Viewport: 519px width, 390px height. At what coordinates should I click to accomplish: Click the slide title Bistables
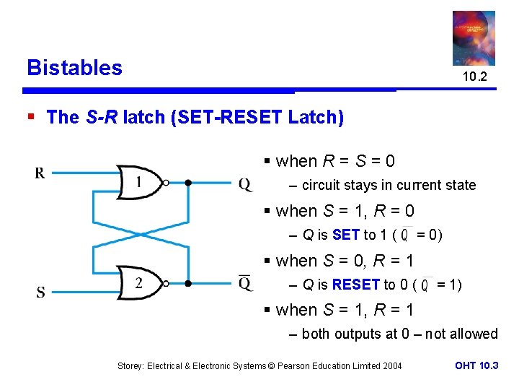(74, 68)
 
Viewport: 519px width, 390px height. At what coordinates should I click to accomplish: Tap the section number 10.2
(474, 77)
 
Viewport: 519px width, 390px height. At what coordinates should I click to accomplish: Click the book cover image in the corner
(474, 38)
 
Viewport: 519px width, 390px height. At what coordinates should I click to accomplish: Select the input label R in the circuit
(40, 173)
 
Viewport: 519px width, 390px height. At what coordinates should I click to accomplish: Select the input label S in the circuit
(40, 292)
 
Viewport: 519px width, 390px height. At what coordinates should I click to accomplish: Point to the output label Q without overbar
(246, 185)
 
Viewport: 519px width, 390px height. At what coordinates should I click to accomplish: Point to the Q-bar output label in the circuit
(246, 282)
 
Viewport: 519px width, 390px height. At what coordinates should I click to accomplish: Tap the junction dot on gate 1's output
(187, 183)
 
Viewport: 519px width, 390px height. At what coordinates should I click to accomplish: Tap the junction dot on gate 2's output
(187, 284)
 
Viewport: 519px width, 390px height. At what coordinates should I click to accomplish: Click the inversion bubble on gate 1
(165, 183)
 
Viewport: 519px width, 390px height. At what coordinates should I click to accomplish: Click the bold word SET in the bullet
(347, 235)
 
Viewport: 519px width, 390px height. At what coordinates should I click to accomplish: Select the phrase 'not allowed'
(461, 334)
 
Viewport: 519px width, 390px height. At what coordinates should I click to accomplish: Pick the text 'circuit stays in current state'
(389, 185)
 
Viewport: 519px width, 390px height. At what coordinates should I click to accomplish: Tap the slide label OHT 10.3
(476, 365)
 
